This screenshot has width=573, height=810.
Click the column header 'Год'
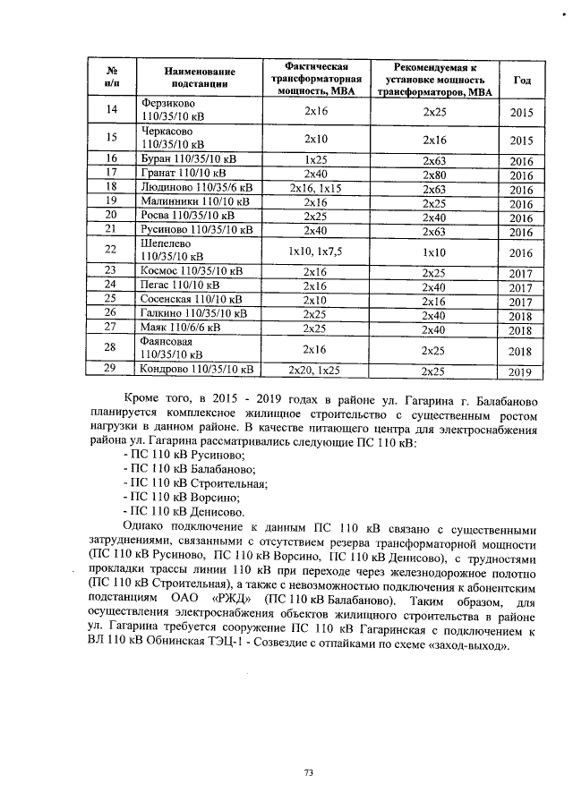522,80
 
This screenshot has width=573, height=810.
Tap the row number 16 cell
112,158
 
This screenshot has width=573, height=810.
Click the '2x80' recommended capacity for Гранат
434,174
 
